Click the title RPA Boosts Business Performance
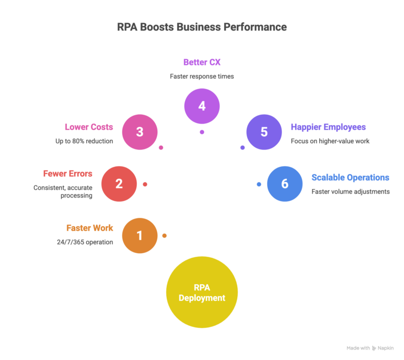tap(202, 27)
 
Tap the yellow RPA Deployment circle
tap(202, 293)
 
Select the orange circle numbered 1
tap(140, 235)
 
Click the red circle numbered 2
tap(119, 184)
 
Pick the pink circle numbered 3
tap(140, 132)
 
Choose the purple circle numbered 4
tap(202, 106)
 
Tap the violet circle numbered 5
tap(264, 132)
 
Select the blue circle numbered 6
tap(285, 184)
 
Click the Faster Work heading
tap(89, 228)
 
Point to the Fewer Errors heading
tap(68, 173)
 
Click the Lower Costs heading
tap(89, 127)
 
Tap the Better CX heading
tap(202, 63)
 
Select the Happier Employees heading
tap(328, 127)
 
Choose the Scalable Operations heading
tap(350, 177)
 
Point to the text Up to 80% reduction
tap(84, 141)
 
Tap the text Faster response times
tap(202, 76)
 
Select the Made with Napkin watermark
tap(370, 348)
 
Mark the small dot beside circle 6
tap(259, 184)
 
